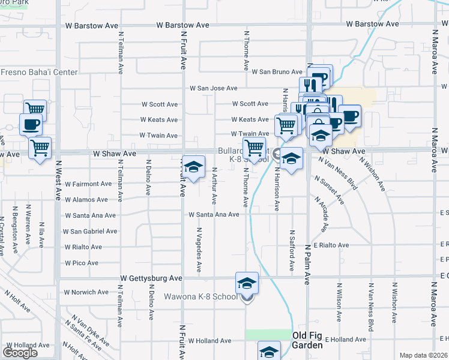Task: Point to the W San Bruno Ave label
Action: [277, 72]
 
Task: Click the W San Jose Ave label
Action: [214, 88]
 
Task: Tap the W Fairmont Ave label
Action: [88, 184]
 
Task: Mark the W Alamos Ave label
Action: [86, 199]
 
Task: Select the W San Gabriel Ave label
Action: [90, 231]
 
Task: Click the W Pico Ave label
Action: [81, 263]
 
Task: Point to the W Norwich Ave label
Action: [86, 292]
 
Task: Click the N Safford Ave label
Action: [292, 249]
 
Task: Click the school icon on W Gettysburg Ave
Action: [247, 283]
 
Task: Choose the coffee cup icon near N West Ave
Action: [31, 125]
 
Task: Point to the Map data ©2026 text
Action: [424, 355]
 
